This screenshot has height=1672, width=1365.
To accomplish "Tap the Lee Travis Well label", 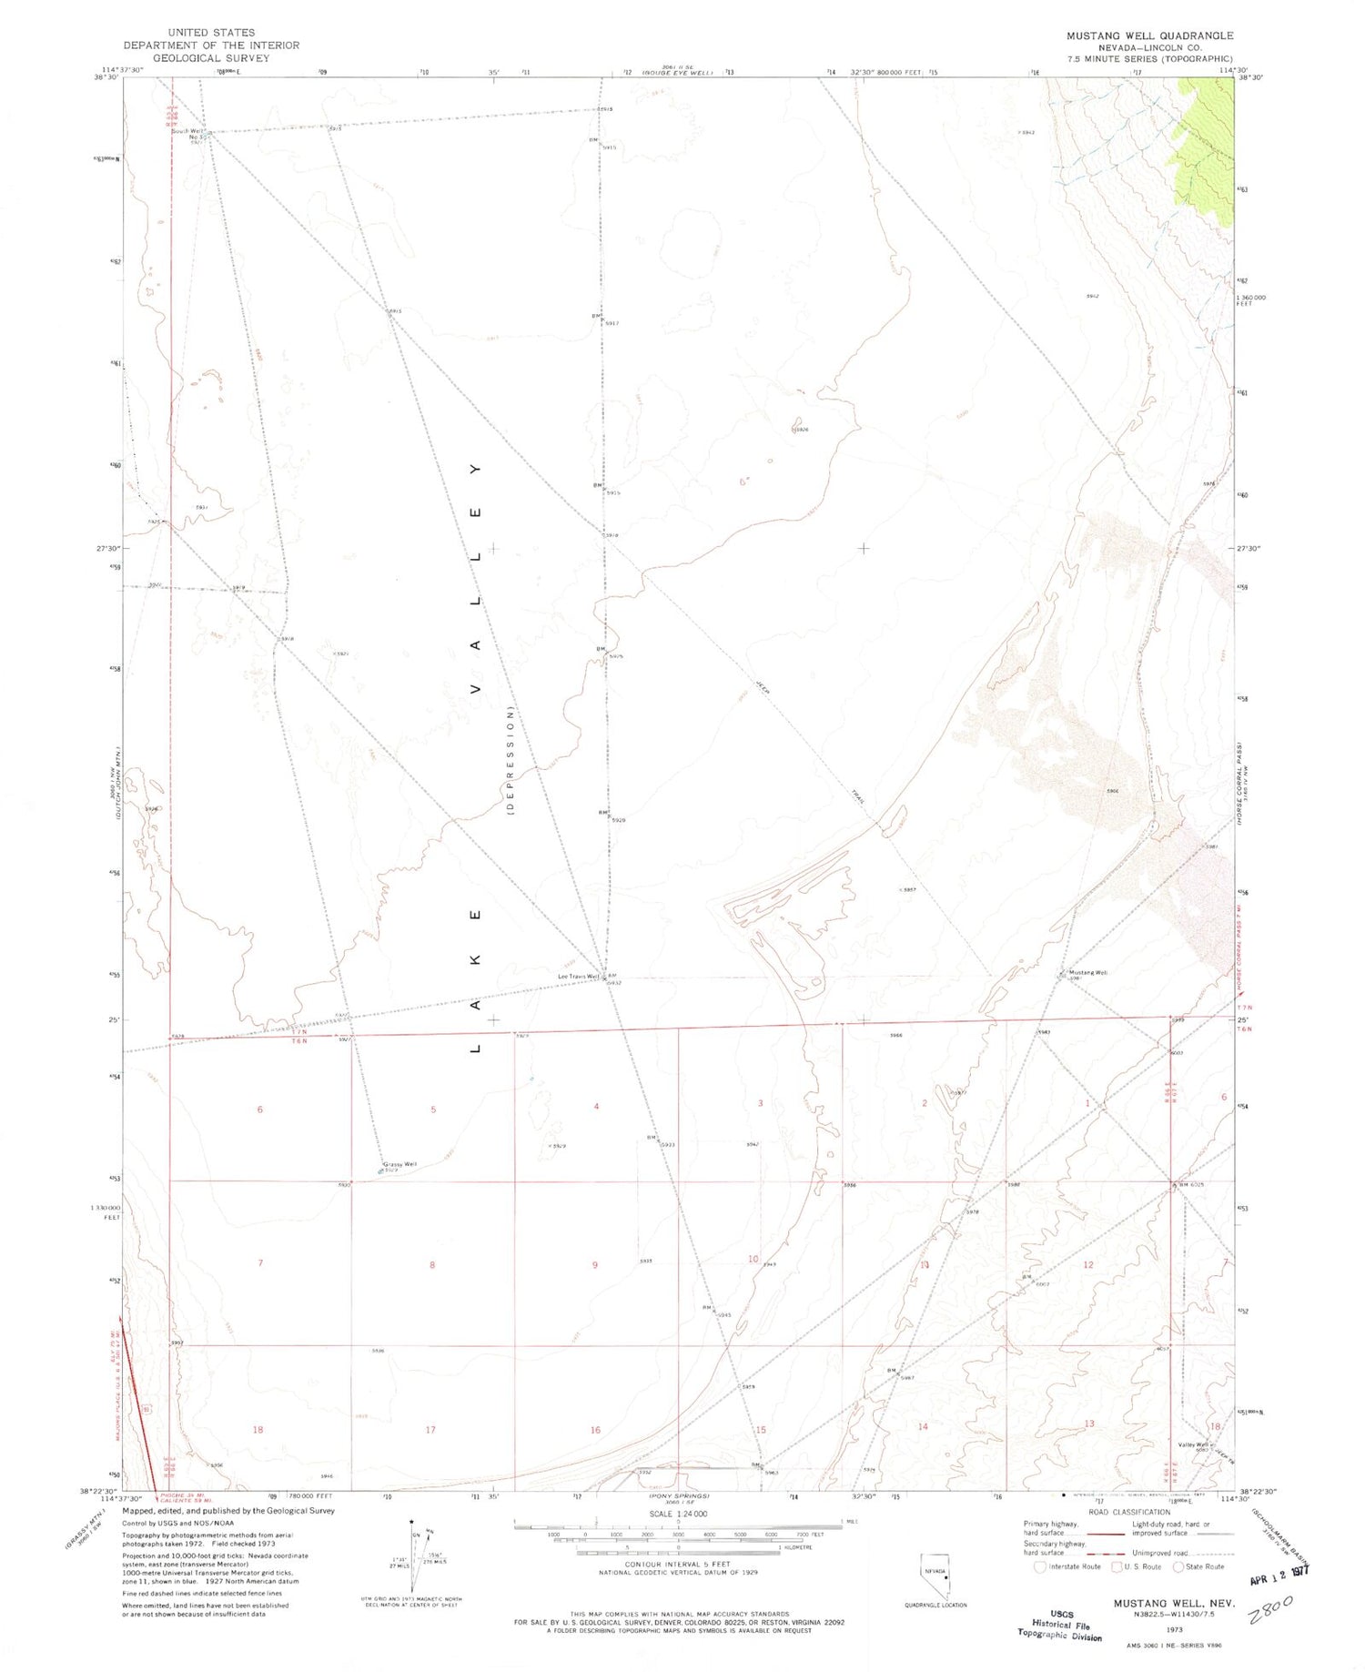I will point(579,978).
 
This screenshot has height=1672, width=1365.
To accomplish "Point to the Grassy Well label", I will point(399,1164).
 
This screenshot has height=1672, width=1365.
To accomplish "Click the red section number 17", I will point(430,1430).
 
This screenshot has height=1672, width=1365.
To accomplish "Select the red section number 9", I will point(595,1265).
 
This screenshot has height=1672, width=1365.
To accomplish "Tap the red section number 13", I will point(1088,1424).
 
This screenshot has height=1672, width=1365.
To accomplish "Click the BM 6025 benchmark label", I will point(1191,1185).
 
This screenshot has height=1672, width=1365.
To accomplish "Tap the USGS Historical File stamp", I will point(1059,1623).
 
